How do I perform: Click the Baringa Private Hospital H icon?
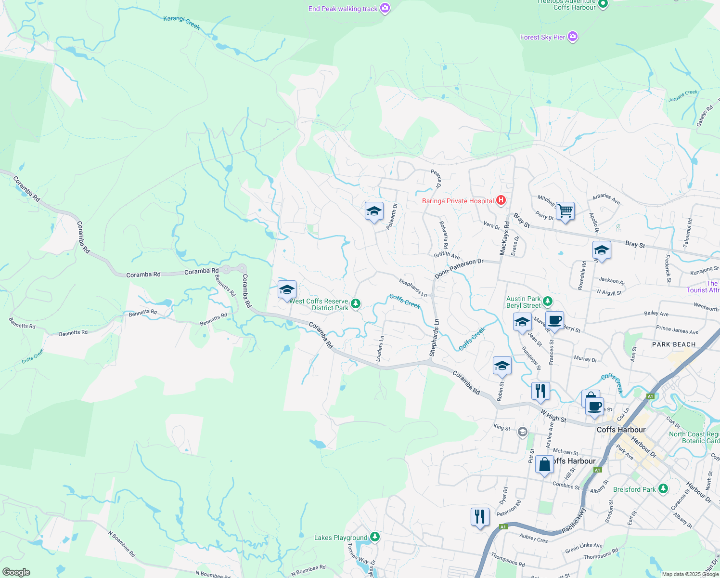point(501,200)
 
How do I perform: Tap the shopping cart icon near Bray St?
point(565,211)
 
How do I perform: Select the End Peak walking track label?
point(343,9)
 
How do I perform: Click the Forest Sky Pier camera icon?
point(572,37)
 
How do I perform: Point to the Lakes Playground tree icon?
point(375,537)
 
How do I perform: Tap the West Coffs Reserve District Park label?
point(319,304)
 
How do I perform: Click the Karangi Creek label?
point(181,22)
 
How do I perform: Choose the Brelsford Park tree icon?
point(663,489)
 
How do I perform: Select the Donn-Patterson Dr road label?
point(459,268)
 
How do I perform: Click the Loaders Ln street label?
point(380,349)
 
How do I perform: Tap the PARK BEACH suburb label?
point(674,344)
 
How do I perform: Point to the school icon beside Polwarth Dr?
point(374,211)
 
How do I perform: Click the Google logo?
point(16,572)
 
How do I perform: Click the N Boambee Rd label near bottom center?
point(309,570)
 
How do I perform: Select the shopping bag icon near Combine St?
point(544,465)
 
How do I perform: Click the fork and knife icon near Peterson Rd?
point(480,517)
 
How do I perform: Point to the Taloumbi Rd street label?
point(688,233)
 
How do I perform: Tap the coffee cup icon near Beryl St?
point(554,320)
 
